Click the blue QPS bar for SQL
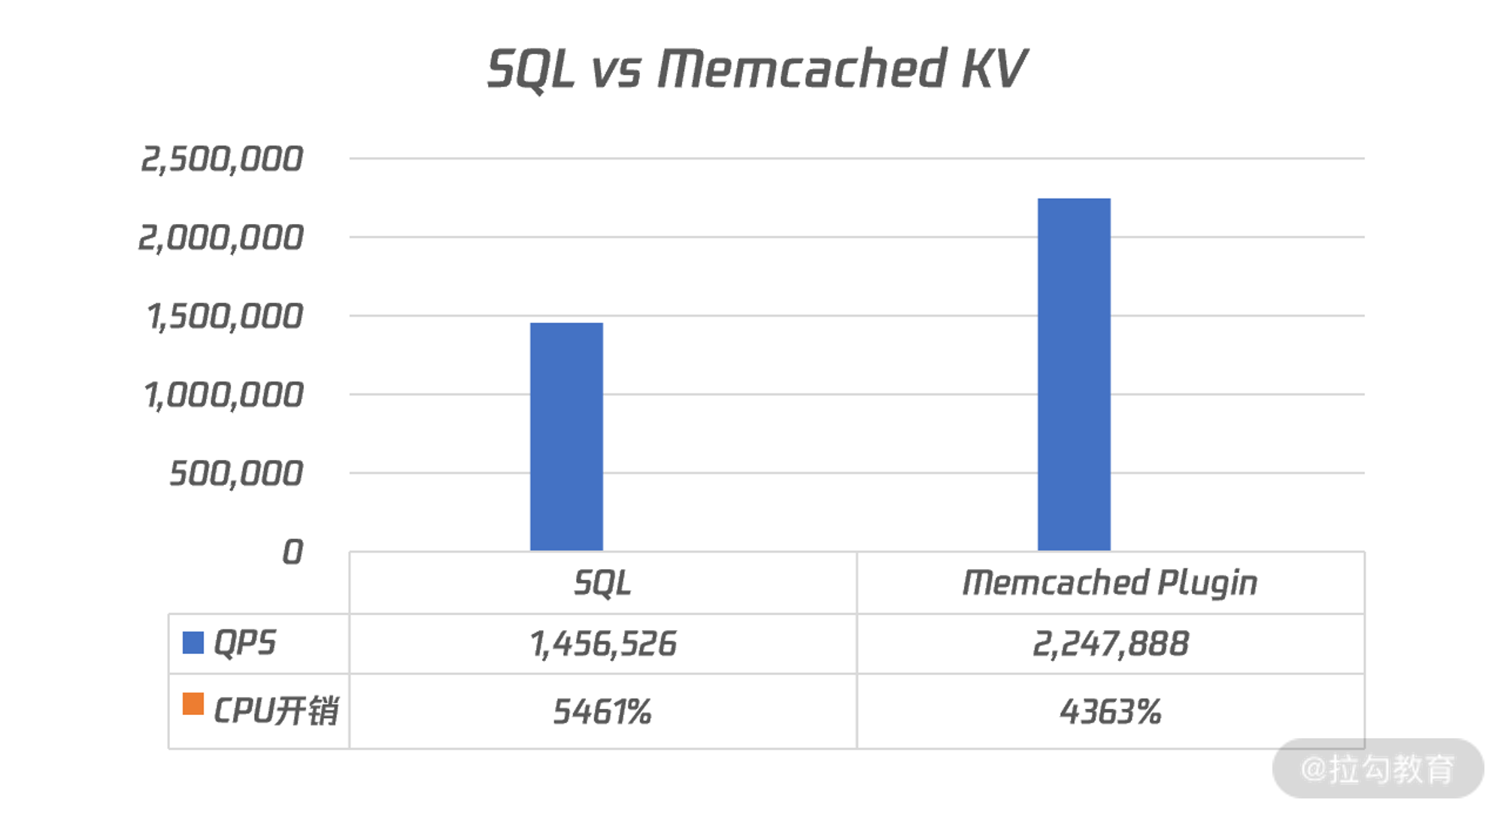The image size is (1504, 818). coord(566,436)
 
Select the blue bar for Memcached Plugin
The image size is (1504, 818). coord(1074,374)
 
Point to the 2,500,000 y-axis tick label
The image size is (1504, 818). coord(222,159)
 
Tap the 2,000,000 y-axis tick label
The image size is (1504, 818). coord(220,238)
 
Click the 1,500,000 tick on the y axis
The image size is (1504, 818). coord(225,317)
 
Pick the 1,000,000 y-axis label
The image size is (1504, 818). coord(223,395)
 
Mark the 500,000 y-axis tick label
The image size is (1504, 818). coord(235,474)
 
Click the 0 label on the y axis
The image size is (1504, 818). coord(292,553)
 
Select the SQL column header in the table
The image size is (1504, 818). coord(602,583)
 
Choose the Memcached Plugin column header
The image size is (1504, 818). coord(1110,583)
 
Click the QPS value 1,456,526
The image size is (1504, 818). coord(602,644)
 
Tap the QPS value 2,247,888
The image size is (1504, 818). coord(1110,644)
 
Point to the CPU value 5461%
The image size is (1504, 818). coord(602,711)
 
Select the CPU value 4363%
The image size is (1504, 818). coord(1110,711)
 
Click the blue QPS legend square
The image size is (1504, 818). coord(193,643)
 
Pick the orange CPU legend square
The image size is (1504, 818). coord(193,704)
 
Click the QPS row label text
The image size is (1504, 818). coord(245,644)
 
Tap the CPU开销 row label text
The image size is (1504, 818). coord(276,711)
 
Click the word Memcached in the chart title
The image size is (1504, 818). coord(802,69)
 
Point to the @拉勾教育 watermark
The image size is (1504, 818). coord(1378,769)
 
